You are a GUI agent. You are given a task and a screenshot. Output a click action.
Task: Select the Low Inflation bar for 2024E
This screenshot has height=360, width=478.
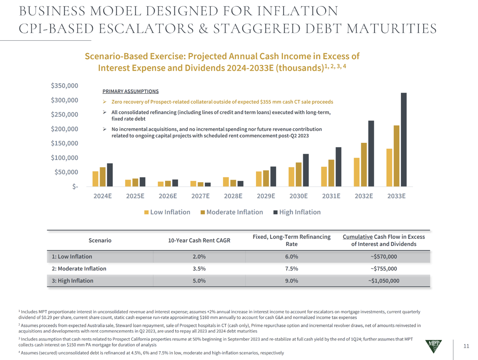[95, 179]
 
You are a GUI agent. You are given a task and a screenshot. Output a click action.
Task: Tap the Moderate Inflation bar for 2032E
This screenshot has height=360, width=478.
[364, 164]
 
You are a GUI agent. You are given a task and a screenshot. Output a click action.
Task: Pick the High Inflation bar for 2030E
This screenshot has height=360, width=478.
[306, 170]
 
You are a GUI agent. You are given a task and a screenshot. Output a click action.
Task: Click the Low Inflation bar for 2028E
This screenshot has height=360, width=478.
[226, 182]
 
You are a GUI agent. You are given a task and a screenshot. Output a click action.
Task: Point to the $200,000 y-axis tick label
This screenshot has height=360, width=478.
[64, 129]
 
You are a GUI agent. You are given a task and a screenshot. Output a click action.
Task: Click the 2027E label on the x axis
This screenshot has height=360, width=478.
[200, 196]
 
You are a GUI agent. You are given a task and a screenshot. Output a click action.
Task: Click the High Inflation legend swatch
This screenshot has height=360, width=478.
[275, 212]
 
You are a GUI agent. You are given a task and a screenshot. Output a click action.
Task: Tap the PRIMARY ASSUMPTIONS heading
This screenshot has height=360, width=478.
[130, 91]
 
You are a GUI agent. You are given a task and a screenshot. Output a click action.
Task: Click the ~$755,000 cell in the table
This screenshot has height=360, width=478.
[384, 268]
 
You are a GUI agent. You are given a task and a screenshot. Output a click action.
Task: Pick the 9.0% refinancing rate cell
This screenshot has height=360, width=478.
[291, 281]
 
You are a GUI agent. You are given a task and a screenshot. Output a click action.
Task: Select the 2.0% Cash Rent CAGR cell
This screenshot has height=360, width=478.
[199, 256]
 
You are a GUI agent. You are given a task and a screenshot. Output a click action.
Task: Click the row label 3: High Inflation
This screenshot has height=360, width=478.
[72, 281]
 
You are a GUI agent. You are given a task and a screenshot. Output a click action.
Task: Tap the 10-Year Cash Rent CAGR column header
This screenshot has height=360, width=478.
[199, 240]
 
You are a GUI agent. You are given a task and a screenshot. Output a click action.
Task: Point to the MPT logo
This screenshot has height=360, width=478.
[433, 346]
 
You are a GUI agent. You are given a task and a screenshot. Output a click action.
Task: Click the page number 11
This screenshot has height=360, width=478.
[466, 346]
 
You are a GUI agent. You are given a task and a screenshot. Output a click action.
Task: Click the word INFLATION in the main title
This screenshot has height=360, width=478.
[297, 11]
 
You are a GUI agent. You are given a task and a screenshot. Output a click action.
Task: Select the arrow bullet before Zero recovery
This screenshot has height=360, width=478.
[105, 102]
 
